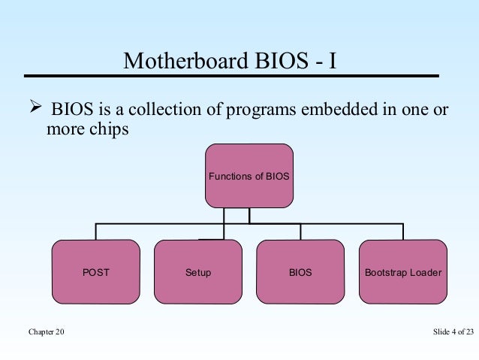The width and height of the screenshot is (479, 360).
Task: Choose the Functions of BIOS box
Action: pos(249,176)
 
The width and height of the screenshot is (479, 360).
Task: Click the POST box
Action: pos(95,271)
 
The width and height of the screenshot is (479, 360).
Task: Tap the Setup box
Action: pos(198,271)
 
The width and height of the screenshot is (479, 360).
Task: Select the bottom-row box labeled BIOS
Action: pos(300,271)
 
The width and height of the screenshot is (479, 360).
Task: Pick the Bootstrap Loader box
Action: pos(403,271)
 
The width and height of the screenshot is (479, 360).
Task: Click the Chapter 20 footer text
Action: pos(47,332)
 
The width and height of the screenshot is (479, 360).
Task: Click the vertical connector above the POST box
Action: pos(95,231)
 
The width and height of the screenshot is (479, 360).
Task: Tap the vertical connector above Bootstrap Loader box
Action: pos(403,231)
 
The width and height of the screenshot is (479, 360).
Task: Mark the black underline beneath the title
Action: pos(230,76)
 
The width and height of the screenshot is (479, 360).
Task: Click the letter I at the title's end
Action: pos(331,60)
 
